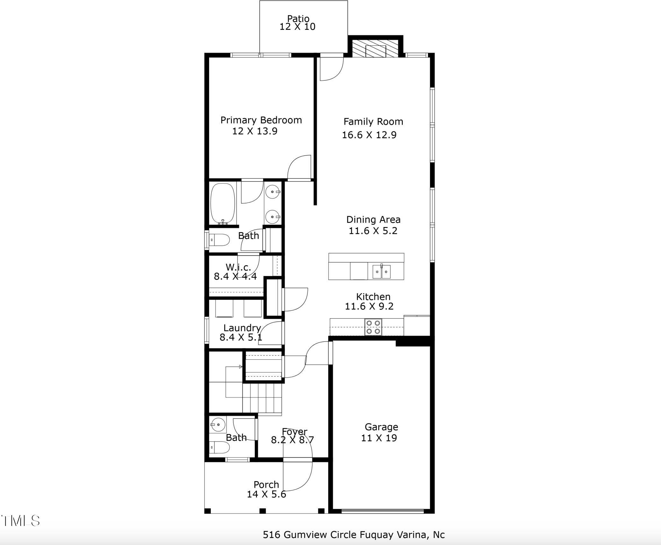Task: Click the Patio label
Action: [x=298, y=19]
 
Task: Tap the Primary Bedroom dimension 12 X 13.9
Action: [x=255, y=131]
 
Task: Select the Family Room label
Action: [x=373, y=122]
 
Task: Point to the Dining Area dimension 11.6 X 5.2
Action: [x=373, y=231]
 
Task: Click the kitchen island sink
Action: [x=381, y=271]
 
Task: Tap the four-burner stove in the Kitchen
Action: [x=373, y=327]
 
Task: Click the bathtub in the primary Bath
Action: [x=223, y=204]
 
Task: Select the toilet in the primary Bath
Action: [x=219, y=240]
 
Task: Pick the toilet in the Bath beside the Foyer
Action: [x=220, y=448]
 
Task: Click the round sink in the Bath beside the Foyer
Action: [x=218, y=424]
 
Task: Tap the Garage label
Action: [x=381, y=427]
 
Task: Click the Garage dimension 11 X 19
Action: [x=379, y=438]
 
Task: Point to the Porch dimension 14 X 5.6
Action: [x=267, y=494]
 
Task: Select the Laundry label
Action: [x=242, y=328]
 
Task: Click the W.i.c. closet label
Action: [x=238, y=267]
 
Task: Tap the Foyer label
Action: [x=295, y=432]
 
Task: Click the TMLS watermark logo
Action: [x=20, y=521]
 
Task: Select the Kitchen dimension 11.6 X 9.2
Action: [x=369, y=306]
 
